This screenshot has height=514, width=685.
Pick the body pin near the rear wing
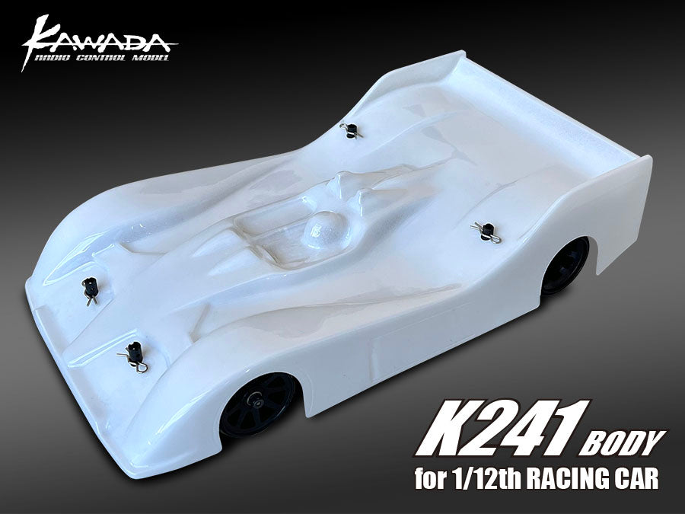pyautogui.click(x=349, y=130)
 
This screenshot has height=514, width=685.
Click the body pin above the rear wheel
pyautogui.click(x=486, y=228)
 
